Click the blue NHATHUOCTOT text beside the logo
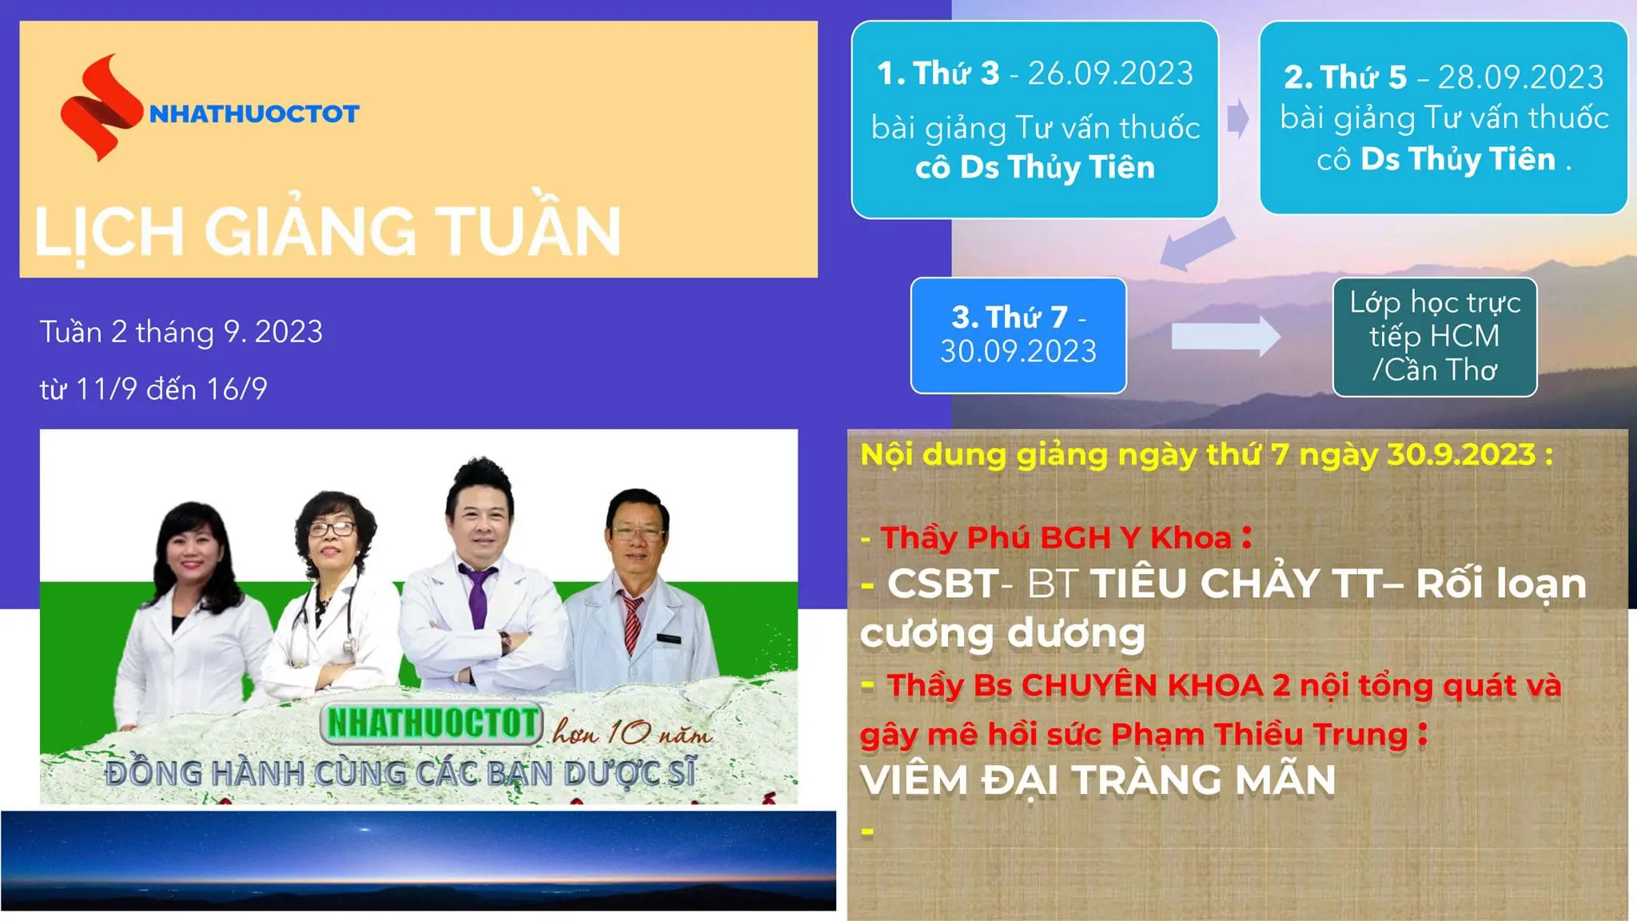point(254,114)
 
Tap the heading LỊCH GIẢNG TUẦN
point(328,232)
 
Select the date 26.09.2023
point(1110,74)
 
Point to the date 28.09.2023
point(1520,78)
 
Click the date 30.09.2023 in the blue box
point(1018,352)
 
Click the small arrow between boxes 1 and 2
point(1237,119)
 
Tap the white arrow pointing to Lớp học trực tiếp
point(1225,337)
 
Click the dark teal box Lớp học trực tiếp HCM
point(1435,337)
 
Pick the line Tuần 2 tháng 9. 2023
point(181,332)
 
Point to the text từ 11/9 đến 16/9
point(153,389)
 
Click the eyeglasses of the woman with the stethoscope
point(332,528)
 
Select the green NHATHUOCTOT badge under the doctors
point(432,723)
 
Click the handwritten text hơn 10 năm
point(631,732)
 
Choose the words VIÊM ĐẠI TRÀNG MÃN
point(1097,780)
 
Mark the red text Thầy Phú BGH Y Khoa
point(1055,538)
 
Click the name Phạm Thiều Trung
point(1259,734)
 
